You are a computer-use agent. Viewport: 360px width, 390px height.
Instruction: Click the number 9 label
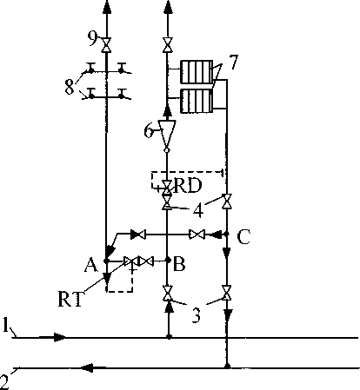pyautogui.click(x=92, y=38)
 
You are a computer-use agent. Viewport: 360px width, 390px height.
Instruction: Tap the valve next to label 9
pyautogui.click(x=106, y=45)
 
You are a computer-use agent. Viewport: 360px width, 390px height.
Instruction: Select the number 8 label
pyautogui.click(x=70, y=86)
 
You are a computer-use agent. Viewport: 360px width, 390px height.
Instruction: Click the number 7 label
pyautogui.click(x=234, y=62)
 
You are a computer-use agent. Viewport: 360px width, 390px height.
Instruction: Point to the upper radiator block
pyautogui.click(x=197, y=71)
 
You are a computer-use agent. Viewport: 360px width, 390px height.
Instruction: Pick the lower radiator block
pyautogui.click(x=197, y=101)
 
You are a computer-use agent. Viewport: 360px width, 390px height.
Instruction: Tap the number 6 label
pyautogui.click(x=149, y=131)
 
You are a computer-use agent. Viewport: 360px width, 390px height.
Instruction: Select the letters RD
pyautogui.click(x=188, y=185)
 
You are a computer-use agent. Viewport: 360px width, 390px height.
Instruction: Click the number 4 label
pyautogui.click(x=198, y=210)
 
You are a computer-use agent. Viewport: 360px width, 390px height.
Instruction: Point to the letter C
pyautogui.click(x=243, y=237)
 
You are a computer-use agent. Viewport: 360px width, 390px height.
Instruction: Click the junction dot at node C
pyautogui.click(x=227, y=234)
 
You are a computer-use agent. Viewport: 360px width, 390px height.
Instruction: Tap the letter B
pyautogui.click(x=179, y=264)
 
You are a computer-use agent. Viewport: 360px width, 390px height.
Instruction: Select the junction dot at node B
pyautogui.click(x=167, y=261)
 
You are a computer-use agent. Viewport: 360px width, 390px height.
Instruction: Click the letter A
pyautogui.click(x=91, y=265)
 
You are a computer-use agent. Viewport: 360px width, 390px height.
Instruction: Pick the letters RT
pyautogui.click(x=70, y=299)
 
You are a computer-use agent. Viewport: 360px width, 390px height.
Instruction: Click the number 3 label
pyautogui.click(x=197, y=315)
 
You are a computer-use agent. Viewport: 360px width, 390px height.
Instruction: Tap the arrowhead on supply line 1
pyautogui.click(x=60, y=337)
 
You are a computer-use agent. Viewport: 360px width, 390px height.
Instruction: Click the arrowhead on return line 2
pyautogui.click(x=87, y=368)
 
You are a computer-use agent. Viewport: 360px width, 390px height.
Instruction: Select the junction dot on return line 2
pyautogui.click(x=228, y=367)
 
